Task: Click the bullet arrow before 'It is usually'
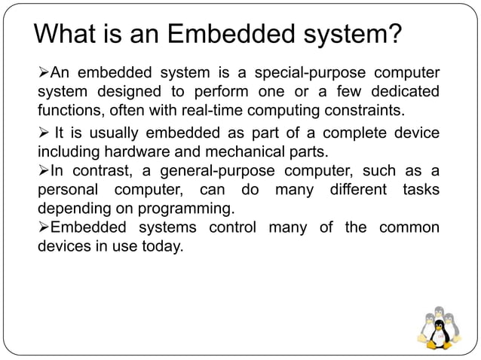pyautogui.click(x=44, y=134)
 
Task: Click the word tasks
pyautogui.click(x=419, y=189)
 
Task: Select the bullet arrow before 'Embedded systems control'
pyautogui.click(x=44, y=227)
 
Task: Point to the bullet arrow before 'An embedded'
pyautogui.click(x=44, y=72)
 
